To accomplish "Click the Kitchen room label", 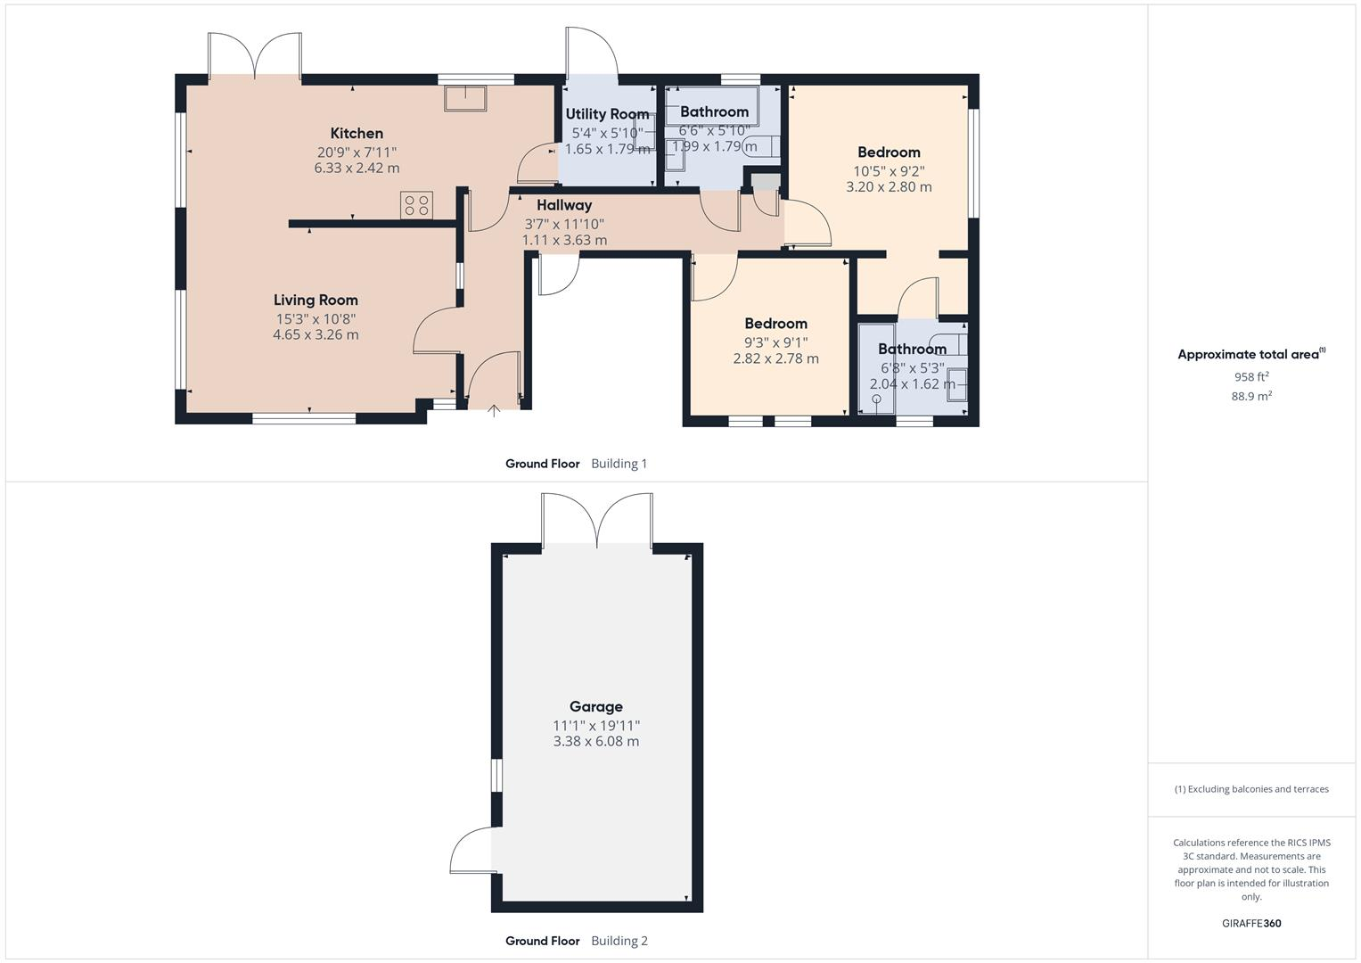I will click(357, 134).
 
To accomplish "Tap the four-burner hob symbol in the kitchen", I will click(416, 206).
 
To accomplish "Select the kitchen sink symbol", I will click(464, 98).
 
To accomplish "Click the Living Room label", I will click(316, 300).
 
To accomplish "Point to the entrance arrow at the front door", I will click(495, 410).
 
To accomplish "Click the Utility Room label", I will click(607, 114).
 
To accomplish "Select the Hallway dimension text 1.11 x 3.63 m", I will click(564, 240).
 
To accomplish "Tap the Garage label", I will click(595, 707).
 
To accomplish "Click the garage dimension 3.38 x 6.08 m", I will click(595, 741).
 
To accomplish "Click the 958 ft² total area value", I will click(1250, 376).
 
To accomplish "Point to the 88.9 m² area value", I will click(1250, 396).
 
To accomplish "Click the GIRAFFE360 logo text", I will click(1250, 924).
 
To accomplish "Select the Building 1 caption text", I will click(619, 464).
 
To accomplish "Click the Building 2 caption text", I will click(619, 941).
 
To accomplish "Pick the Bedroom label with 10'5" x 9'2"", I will click(889, 152).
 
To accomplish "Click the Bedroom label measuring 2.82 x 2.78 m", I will click(775, 324).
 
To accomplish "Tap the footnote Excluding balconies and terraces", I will click(1250, 789).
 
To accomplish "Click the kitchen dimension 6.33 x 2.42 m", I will click(357, 168).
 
